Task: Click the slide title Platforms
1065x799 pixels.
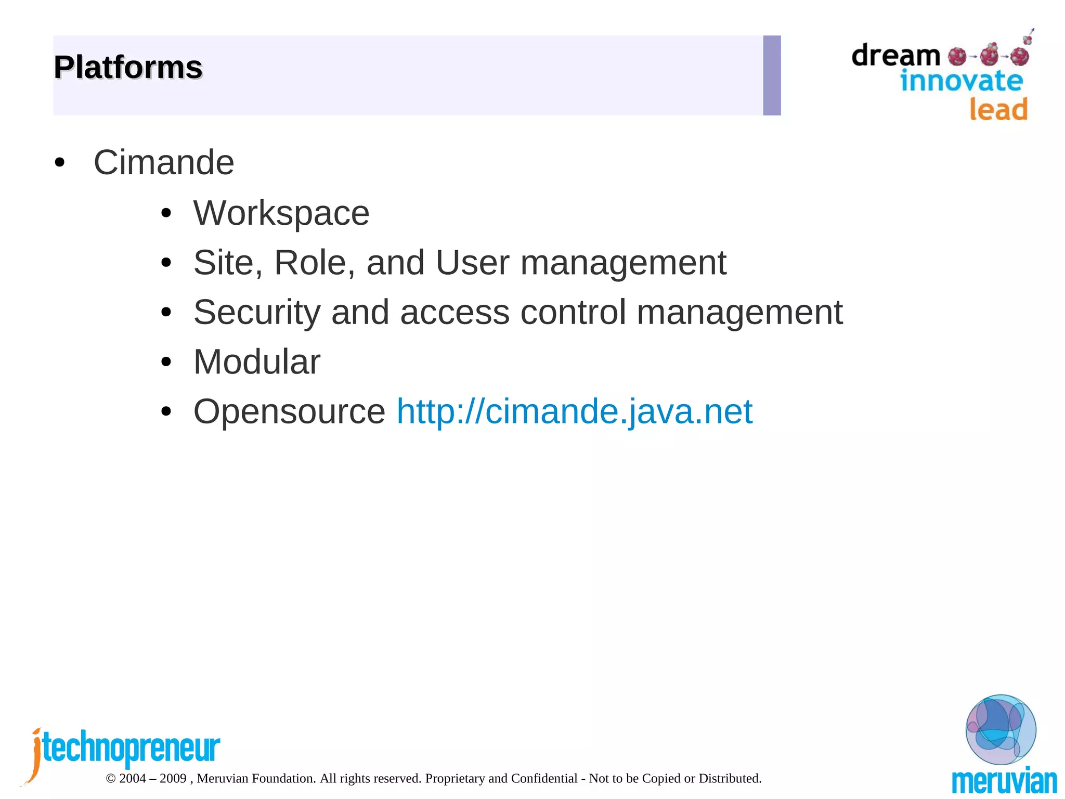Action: (128, 68)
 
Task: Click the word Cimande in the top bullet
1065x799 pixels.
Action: (164, 162)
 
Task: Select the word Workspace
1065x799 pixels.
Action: (281, 213)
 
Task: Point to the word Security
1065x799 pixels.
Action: (257, 312)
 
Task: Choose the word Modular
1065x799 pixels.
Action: (257, 362)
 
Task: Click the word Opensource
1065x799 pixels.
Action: (289, 411)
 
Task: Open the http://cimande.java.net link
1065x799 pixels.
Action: (574, 411)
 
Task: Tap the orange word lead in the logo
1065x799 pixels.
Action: (998, 109)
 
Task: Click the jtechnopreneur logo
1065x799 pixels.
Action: (125, 749)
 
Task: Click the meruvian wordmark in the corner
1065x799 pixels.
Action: (1004, 782)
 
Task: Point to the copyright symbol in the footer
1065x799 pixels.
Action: (110, 779)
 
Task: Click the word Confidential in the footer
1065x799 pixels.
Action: (544, 778)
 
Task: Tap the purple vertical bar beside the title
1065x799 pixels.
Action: (772, 75)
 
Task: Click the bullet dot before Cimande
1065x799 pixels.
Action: (60, 163)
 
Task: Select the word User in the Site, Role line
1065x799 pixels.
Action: (472, 262)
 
